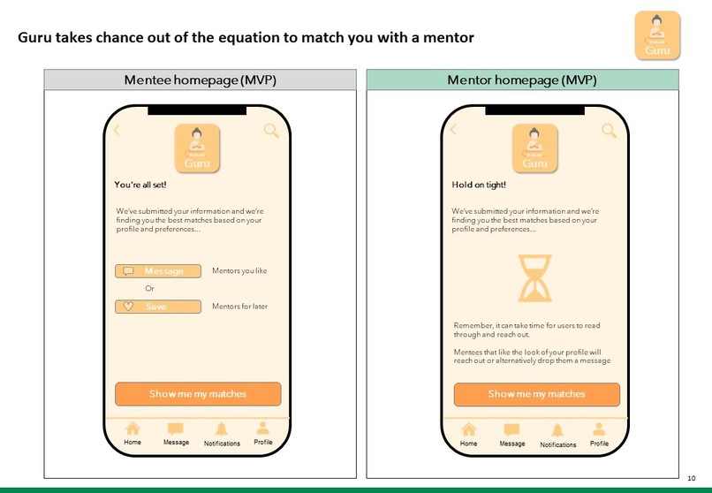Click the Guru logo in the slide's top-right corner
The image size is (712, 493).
tap(657, 35)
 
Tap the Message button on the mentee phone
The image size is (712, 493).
tap(158, 271)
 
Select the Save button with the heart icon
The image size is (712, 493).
tap(158, 307)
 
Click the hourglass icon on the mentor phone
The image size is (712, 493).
tap(535, 278)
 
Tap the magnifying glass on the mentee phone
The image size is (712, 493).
tap(271, 131)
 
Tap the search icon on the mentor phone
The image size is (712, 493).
tap(609, 131)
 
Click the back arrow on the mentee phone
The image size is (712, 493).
tap(117, 130)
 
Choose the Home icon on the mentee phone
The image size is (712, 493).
tap(133, 429)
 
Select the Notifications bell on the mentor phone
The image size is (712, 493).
tap(557, 430)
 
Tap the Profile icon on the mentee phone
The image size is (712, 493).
tap(263, 429)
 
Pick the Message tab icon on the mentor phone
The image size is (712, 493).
tap(511, 430)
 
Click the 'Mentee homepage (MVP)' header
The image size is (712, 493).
tap(201, 80)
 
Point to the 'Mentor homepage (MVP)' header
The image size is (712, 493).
tap(522, 80)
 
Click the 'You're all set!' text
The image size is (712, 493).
tap(140, 185)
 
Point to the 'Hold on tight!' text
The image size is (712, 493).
tap(479, 185)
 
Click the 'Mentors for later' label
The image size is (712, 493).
tap(239, 307)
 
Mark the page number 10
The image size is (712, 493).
tap(692, 478)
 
